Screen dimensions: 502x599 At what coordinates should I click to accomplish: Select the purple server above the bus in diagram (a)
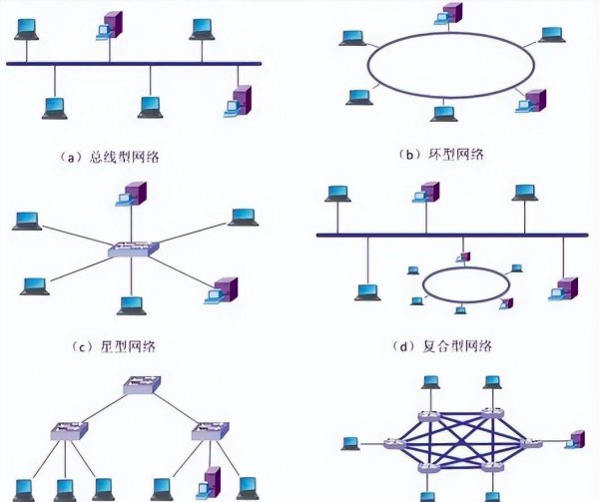tap(112, 24)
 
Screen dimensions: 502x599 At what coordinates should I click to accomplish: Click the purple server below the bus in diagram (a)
tap(241, 101)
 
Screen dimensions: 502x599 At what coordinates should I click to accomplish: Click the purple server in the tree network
tap(211, 483)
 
